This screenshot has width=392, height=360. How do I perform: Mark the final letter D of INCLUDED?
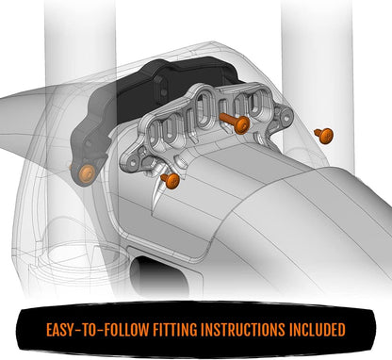pos(342,330)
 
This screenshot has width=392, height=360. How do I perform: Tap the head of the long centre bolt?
pos(240,124)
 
